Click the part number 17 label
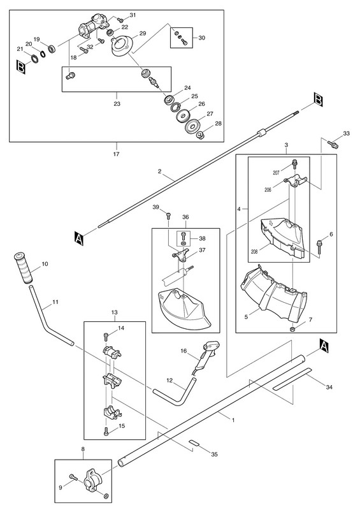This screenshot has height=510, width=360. click(x=116, y=154)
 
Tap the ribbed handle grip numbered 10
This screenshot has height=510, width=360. click(x=23, y=267)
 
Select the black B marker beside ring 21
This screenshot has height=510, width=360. click(x=21, y=68)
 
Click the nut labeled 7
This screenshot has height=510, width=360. click(x=292, y=329)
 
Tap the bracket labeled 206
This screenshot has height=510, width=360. click(x=295, y=180)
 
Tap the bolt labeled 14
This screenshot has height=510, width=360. click(x=106, y=336)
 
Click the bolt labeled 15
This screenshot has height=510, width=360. click(x=106, y=432)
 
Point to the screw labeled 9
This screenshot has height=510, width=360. click(x=73, y=477)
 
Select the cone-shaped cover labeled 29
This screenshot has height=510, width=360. click(x=120, y=47)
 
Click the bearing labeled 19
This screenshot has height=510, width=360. click(x=52, y=49)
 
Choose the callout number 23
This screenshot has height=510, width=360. click(x=117, y=104)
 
